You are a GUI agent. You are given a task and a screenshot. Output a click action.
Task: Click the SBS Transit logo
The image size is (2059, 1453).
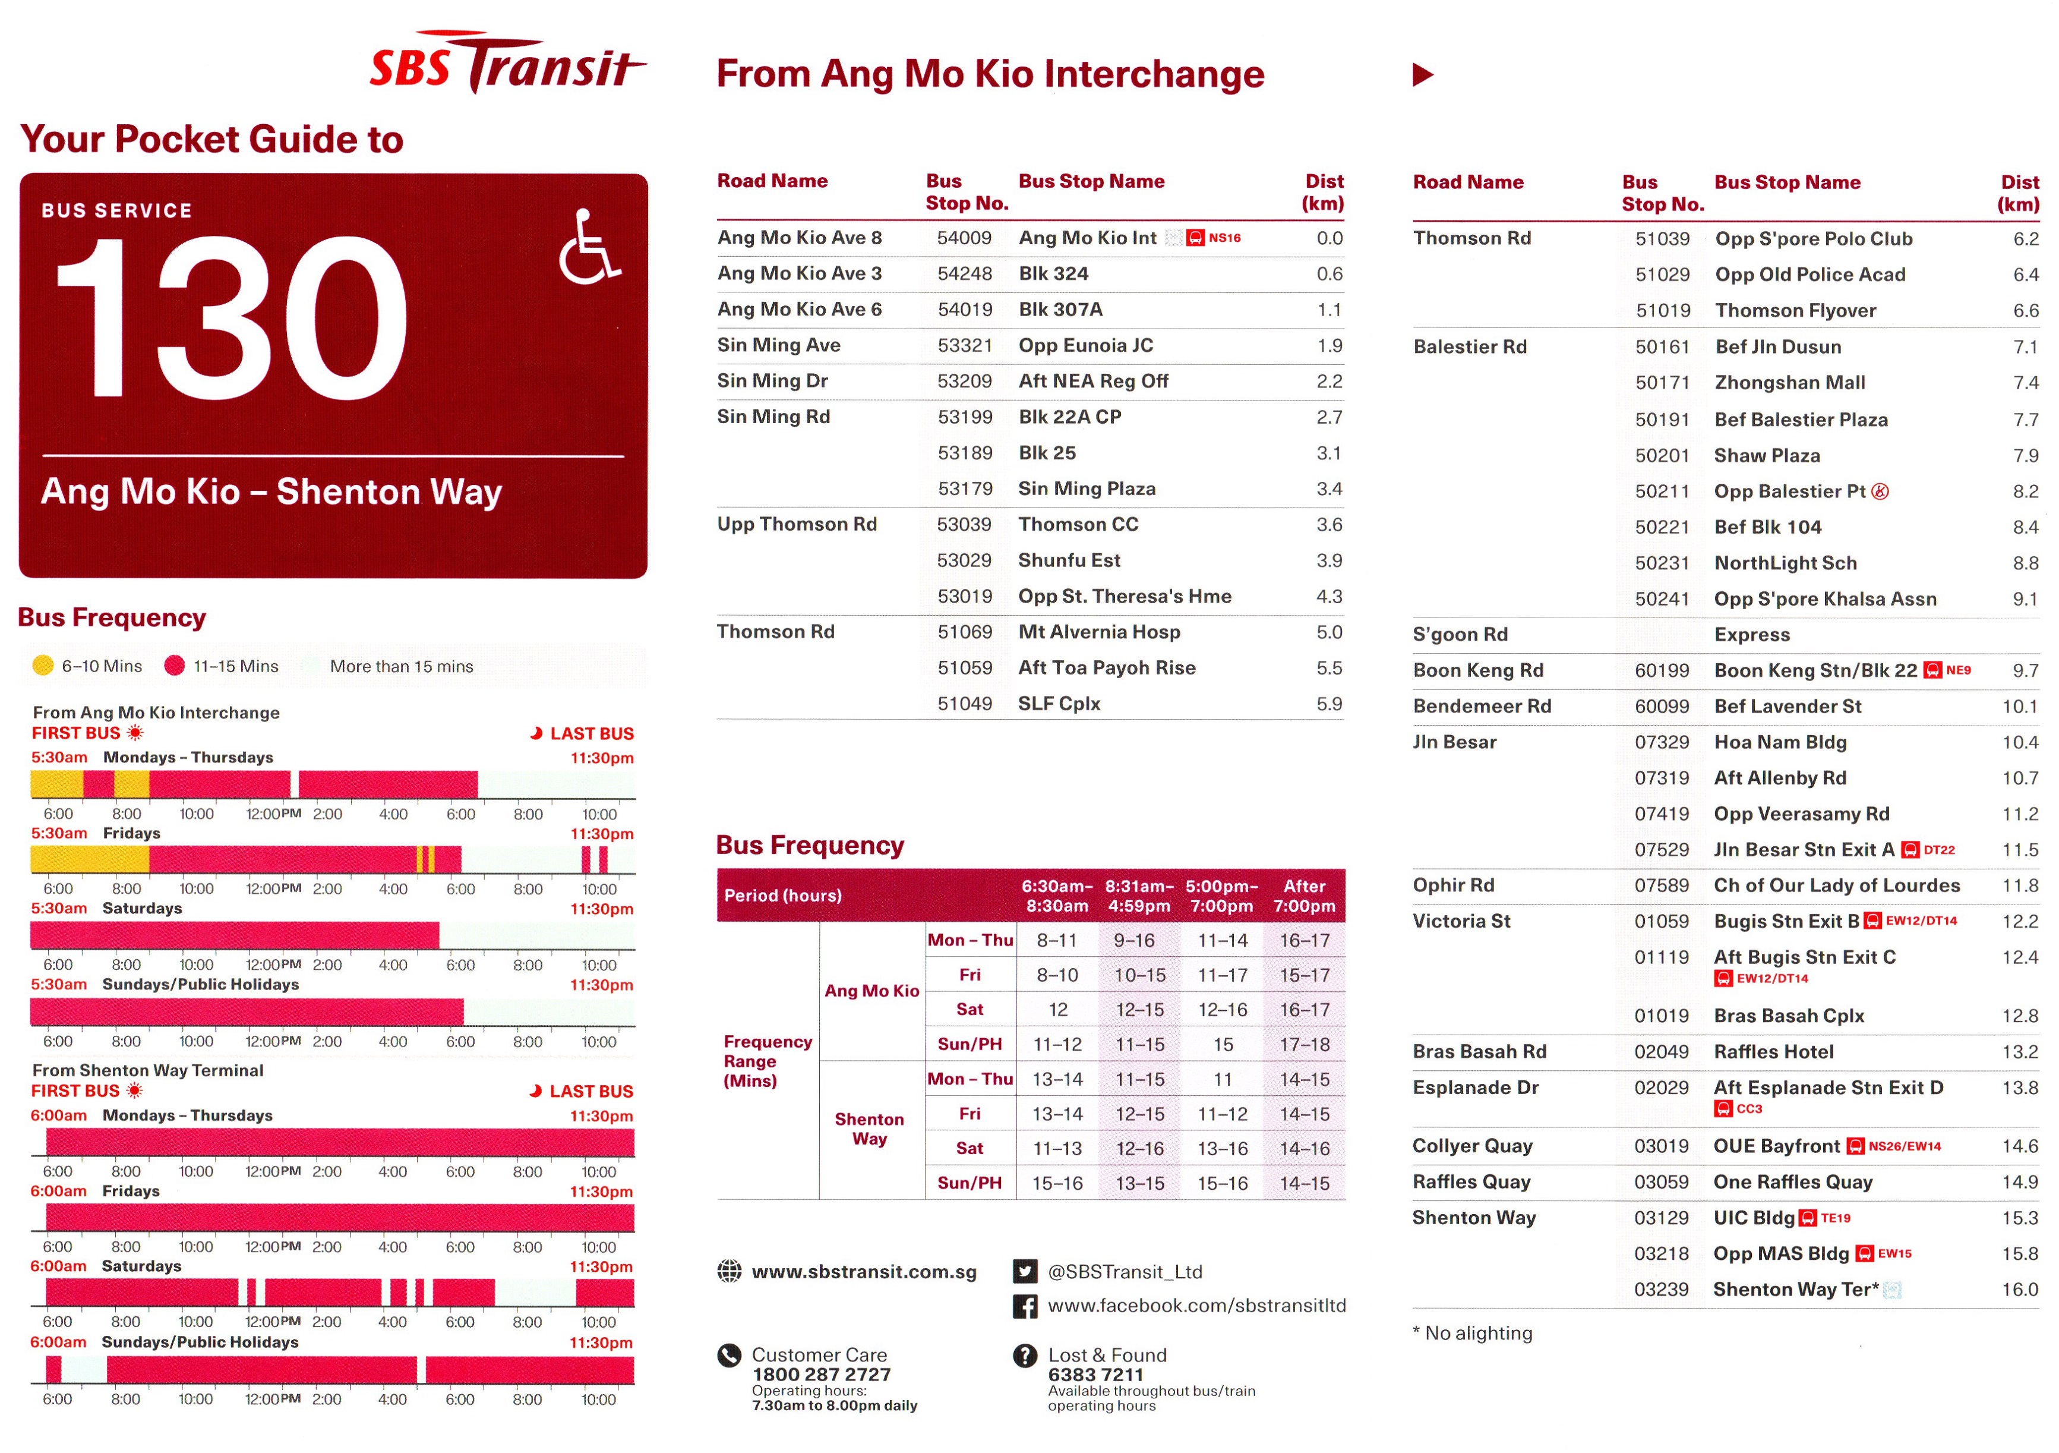(507, 63)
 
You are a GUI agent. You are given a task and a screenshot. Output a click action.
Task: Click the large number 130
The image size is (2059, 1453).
(231, 319)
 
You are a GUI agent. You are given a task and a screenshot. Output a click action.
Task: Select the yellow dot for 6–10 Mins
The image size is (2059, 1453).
(42, 666)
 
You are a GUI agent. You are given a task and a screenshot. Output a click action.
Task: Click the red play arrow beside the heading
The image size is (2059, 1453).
(1422, 74)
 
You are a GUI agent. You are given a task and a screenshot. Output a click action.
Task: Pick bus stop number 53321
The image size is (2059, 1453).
(964, 345)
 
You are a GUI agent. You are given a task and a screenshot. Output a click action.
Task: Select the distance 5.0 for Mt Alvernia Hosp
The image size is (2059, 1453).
(1328, 632)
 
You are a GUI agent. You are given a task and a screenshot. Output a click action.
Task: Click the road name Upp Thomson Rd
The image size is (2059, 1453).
(797, 525)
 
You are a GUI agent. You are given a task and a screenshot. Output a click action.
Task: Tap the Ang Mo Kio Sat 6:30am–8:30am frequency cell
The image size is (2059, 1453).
(1057, 1010)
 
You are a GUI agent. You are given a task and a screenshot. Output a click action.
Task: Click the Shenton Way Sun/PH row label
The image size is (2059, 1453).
(970, 1183)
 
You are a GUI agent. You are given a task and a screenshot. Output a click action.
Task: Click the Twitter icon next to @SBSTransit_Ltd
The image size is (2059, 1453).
(1024, 1271)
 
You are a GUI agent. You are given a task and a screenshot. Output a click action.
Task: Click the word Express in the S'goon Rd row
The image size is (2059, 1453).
(1751, 635)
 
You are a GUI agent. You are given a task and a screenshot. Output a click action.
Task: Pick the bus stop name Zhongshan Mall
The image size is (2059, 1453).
(1789, 383)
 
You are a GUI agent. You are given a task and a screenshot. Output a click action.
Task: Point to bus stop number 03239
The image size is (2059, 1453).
(1661, 1290)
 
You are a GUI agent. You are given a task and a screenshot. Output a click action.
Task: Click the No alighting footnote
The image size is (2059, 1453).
(1473, 1334)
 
